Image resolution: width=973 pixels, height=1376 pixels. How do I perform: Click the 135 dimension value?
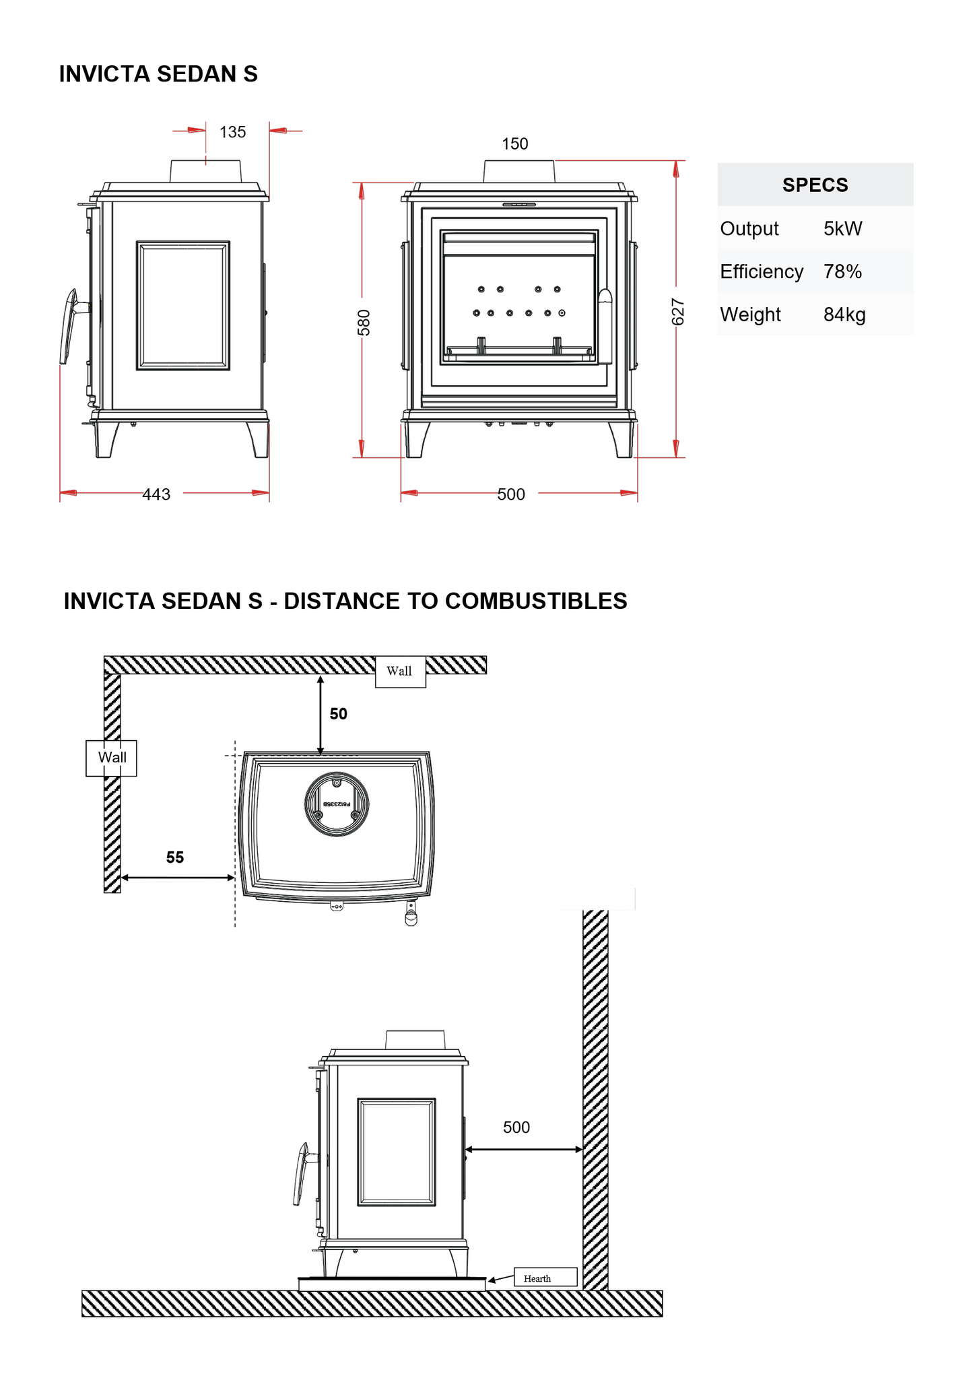[232, 132]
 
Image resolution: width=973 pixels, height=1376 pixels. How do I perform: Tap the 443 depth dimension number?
[156, 494]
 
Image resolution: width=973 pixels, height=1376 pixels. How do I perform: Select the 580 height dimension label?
[364, 323]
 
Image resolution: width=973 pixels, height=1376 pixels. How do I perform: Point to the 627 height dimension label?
[678, 312]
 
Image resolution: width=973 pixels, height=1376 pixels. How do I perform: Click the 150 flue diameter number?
[514, 144]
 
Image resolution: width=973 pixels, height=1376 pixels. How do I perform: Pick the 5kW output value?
[842, 229]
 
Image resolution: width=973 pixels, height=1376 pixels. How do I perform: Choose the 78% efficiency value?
[842, 272]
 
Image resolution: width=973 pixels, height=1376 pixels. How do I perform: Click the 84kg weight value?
[844, 315]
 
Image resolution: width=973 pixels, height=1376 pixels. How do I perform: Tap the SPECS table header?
[815, 185]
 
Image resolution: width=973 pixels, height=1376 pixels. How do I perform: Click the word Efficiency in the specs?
[762, 272]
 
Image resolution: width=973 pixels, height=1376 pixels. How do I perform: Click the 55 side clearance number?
[175, 857]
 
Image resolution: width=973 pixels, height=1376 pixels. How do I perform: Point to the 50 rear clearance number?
[338, 714]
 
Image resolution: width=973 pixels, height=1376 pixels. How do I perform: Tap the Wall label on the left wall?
[112, 758]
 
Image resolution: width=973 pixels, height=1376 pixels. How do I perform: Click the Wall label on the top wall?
[399, 671]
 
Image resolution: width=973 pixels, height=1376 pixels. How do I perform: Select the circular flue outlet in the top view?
[337, 804]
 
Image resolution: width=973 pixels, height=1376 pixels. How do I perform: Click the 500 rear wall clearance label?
[516, 1127]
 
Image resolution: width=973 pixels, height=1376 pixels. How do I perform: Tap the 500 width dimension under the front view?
[511, 494]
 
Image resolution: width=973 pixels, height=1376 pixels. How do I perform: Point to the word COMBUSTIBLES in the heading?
[536, 601]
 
